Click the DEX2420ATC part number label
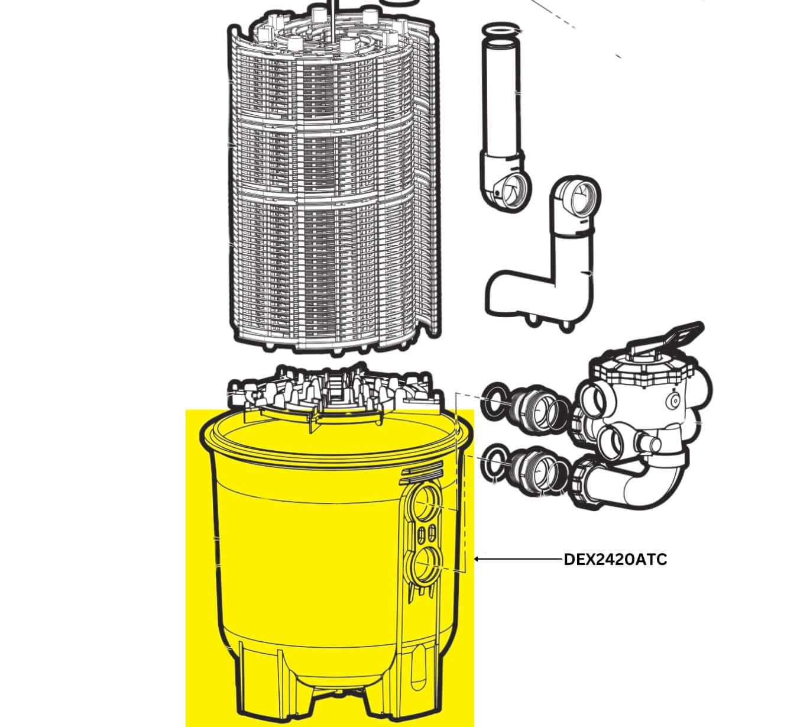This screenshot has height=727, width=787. (615, 560)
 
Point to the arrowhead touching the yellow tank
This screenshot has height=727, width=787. (478, 559)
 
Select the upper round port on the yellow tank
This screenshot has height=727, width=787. (426, 504)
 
